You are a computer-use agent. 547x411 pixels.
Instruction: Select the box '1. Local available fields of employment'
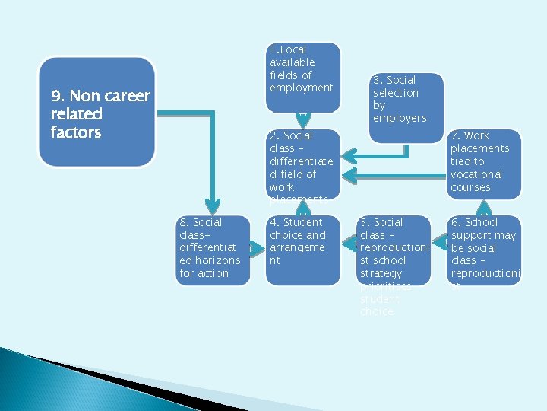(x=303, y=76)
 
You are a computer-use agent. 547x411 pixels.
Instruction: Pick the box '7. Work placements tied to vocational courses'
(x=483, y=162)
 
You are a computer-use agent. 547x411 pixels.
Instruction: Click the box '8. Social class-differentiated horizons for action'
(x=212, y=250)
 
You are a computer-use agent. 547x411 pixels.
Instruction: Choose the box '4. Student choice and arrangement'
(x=303, y=250)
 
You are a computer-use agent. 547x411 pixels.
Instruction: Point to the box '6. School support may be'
(x=484, y=250)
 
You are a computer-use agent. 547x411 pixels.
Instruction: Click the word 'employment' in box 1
(x=301, y=88)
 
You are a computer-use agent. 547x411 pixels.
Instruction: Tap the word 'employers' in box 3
(x=400, y=118)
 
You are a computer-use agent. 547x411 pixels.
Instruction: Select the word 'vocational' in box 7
(x=477, y=174)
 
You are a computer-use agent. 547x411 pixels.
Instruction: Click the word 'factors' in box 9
(x=76, y=132)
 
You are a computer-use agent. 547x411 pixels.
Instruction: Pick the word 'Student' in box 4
(x=302, y=222)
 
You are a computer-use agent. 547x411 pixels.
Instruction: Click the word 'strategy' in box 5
(x=381, y=273)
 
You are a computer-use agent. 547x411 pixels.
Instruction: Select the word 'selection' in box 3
(x=395, y=93)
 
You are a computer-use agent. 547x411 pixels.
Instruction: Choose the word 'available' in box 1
(x=292, y=62)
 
